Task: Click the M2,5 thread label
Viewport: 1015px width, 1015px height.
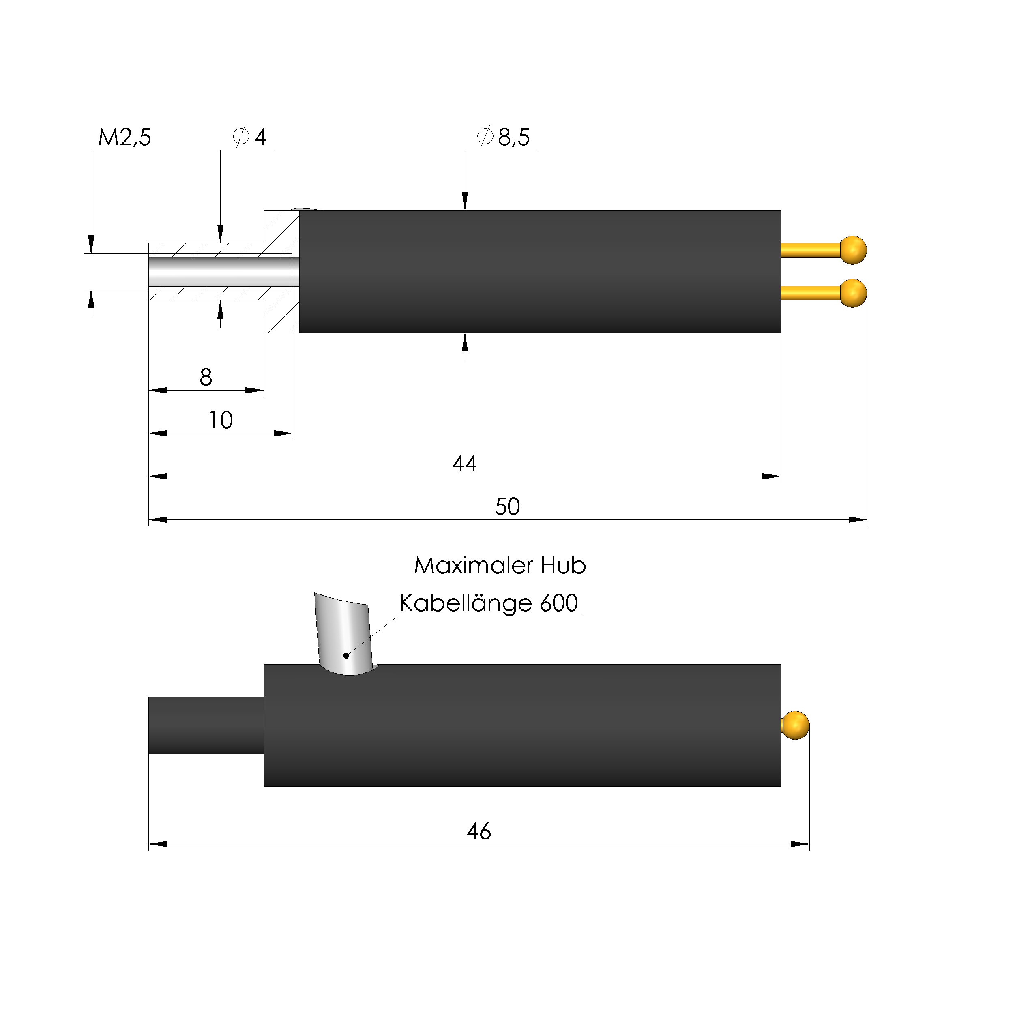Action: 124,137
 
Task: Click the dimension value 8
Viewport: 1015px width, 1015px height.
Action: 206,377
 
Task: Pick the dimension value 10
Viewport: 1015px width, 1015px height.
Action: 221,420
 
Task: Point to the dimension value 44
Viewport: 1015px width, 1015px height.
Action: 464,464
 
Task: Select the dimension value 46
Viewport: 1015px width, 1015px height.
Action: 479,831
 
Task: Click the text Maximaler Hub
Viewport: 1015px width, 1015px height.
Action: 500,566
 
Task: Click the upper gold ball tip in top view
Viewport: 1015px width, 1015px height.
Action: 853,250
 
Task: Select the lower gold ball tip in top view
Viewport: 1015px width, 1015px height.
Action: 853,293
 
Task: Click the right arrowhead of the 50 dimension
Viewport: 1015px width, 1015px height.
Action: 858,520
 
